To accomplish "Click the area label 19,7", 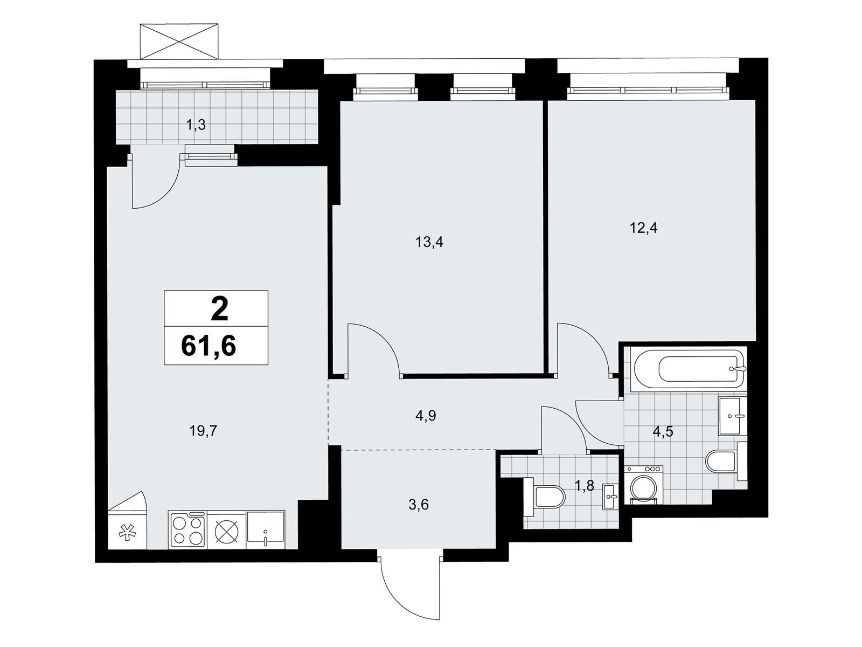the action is [203, 432].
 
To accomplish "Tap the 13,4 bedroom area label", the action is [429, 243].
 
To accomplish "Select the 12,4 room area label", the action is [644, 228].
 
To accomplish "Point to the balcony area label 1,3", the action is [196, 126].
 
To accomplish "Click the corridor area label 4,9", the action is [426, 416].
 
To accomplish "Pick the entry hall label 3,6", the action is [419, 505].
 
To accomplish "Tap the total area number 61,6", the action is [208, 346].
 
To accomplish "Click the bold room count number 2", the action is [219, 309].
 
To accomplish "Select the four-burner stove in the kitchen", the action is [187, 529].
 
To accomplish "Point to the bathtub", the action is [687, 369].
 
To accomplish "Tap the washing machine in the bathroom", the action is [643, 485].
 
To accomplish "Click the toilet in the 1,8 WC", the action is [544, 497].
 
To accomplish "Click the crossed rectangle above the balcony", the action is [179, 42].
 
